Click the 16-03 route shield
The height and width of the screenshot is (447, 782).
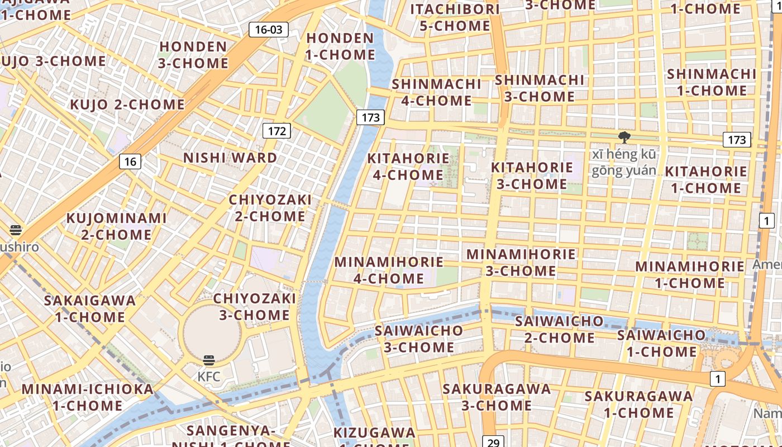(269, 30)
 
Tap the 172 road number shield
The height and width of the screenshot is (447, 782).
(276, 131)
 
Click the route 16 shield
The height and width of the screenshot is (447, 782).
(130, 162)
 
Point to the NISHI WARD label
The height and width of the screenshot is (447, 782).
(230, 158)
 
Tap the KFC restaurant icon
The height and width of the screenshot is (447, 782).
(209, 360)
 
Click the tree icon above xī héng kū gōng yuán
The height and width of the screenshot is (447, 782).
(624, 137)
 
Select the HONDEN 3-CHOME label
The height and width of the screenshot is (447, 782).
(193, 55)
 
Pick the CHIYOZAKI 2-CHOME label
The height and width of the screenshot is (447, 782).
(270, 208)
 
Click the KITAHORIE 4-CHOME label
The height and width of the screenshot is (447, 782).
(408, 167)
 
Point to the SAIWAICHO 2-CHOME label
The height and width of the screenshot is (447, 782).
(559, 330)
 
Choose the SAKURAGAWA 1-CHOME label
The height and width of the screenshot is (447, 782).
(638, 405)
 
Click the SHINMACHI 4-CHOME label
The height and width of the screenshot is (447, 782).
(436, 92)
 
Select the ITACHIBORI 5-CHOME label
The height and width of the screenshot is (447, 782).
(455, 17)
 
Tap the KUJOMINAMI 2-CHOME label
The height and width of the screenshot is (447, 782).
(116, 226)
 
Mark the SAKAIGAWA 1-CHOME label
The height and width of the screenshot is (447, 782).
(90, 308)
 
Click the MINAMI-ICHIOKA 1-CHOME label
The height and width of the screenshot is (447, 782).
(87, 397)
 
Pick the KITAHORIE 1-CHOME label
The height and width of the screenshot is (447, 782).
(705, 179)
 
